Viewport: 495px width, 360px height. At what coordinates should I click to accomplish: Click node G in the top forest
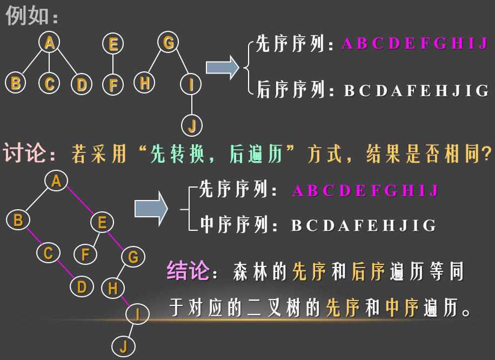click(x=168, y=42)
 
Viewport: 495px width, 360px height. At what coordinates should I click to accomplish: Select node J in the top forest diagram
click(x=192, y=125)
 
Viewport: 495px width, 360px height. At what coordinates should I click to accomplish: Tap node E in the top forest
click(x=113, y=44)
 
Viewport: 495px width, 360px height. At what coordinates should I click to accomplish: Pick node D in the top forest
click(x=81, y=84)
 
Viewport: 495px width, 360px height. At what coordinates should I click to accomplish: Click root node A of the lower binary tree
click(x=56, y=181)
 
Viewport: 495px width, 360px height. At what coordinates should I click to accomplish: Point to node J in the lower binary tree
click(x=123, y=346)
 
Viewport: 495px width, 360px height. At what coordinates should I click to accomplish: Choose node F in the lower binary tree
click(x=85, y=254)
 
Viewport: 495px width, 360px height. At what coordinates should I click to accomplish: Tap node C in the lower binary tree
click(x=48, y=252)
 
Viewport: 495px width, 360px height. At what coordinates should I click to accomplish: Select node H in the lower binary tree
click(x=112, y=288)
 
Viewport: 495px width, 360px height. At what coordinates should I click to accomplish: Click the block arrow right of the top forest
click(x=222, y=68)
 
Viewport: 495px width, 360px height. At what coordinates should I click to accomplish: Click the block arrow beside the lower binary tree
click(x=151, y=208)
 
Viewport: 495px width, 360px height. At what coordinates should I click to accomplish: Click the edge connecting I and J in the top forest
click(x=192, y=104)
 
